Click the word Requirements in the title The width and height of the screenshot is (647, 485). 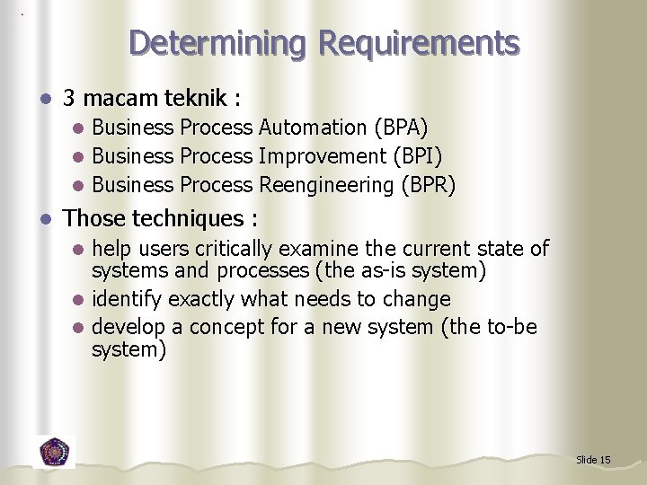pos(419,42)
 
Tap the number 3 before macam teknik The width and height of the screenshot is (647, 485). pos(70,97)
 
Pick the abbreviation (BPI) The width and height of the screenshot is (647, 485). pos(417,156)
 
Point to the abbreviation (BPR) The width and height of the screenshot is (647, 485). pos(429,185)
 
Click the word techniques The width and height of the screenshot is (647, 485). pos(191,218)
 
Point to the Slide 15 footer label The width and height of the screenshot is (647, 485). pos(593,460)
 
